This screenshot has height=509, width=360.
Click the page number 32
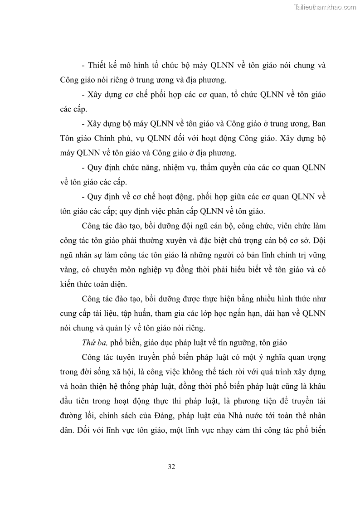(x=171, y=467)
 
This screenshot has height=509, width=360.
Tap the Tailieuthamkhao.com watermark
(x=326, y=7)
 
